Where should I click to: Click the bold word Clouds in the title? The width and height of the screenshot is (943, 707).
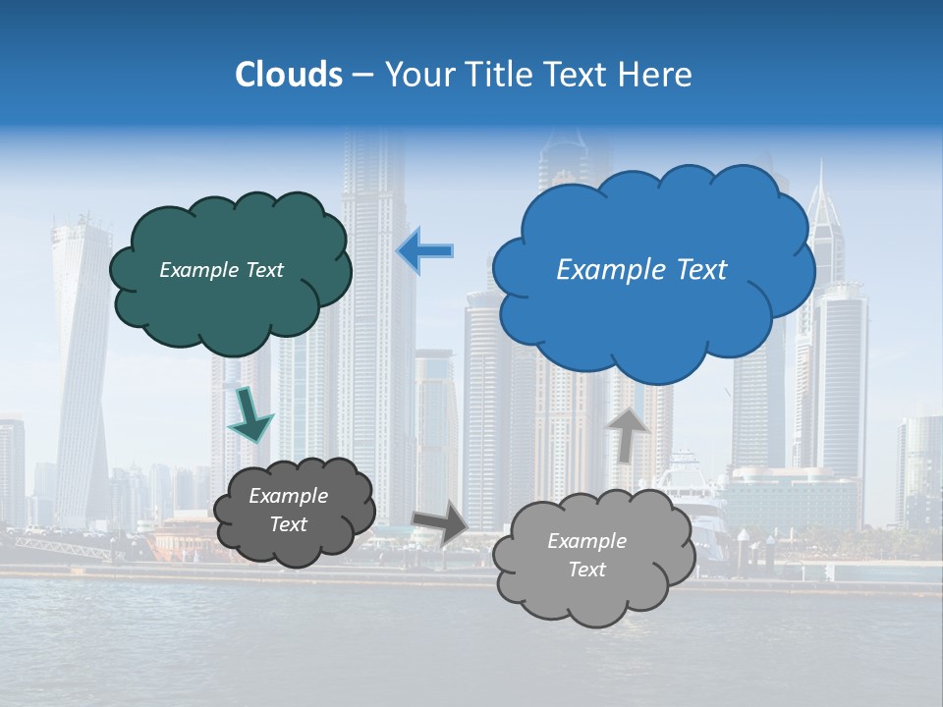pyautogui.click(x=289, y=75)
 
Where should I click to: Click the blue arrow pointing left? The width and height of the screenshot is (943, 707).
pyautogui.click(x=425, y=251)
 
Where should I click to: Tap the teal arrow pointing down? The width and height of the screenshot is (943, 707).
pyautogui.click(x=250, y=413)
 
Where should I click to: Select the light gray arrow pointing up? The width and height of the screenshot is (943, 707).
pyautogui.click(x=627, y=433)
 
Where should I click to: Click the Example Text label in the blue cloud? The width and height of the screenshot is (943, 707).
pyautogui.click(x=641, y=270)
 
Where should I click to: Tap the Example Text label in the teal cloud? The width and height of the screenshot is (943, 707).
pyautogui.click(x=221, y=270)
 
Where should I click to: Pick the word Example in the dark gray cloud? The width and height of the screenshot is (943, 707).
pyautogui.click(x=288, y=496)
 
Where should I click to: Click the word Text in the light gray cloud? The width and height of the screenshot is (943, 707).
pyautogui.click(x=586, y=570)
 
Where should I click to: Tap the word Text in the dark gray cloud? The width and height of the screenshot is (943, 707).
pyautogui.click(x=288, y=524)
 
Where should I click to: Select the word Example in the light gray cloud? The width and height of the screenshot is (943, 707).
pyautogui.click(x=586, y=541)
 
